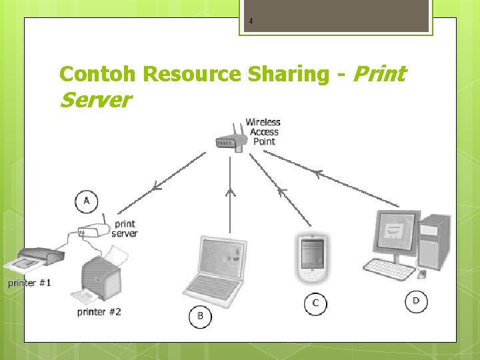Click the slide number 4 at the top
point(251,22)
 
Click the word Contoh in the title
point(98,74)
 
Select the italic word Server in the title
point(95,101)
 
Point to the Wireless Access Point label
point(263,131)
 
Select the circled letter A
point(87,201)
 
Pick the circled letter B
point(200,316)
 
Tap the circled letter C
point(315,303)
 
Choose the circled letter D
point(416,301)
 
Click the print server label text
point(125,229)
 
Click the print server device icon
point(91,232)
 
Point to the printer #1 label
point(29,283)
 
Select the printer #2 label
point(99,311)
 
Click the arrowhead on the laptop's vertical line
point(230,193)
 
